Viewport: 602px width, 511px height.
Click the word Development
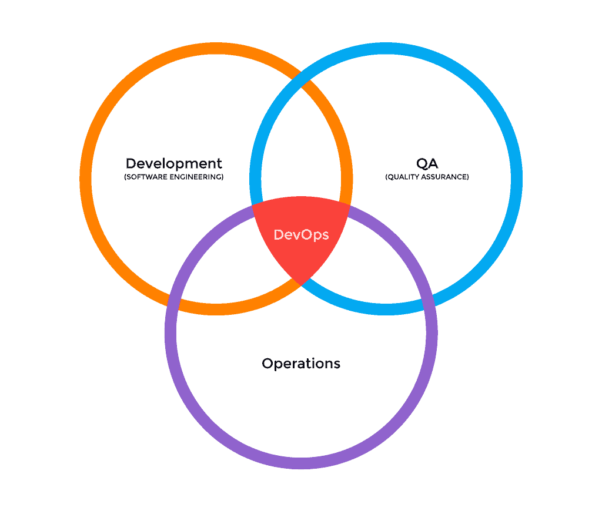tap(174, 164)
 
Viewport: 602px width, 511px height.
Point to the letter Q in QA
tap(422, 164)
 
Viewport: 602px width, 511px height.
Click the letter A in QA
tap(433, 164)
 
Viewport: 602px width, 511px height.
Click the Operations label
tap(301, 364)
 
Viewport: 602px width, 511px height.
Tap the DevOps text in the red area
tap(301, 235)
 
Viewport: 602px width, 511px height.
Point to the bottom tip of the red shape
tap(300, 285)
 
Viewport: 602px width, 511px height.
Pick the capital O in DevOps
tap(306, 235)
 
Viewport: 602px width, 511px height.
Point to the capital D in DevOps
tap(279, 235)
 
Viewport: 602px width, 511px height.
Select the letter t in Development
tap(219, 164)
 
